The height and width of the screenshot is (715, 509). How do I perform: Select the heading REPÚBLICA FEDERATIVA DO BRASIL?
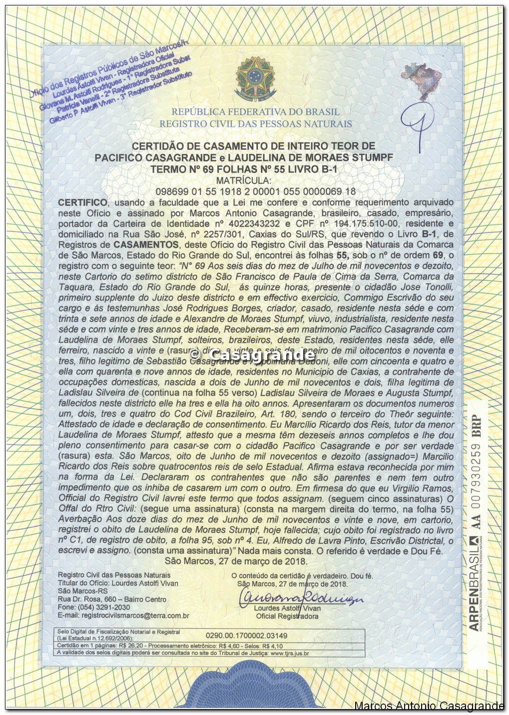pos(255,112)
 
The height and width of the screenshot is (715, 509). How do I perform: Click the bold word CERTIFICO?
pos(82,202)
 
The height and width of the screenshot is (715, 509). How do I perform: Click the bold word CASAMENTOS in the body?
pos(146,244)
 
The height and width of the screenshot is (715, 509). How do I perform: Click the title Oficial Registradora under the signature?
pos(287,616)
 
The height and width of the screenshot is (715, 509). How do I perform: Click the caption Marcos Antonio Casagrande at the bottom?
pos(429,706)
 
